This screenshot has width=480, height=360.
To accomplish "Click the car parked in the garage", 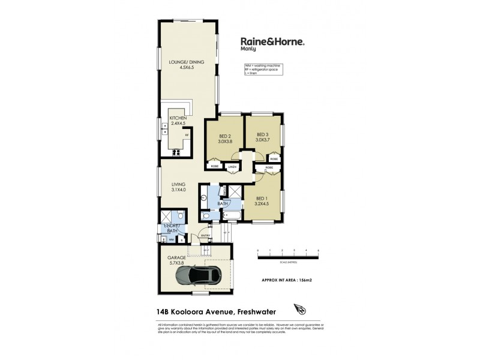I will click(197, 275).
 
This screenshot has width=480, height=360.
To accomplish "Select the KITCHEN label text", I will click(179, 118).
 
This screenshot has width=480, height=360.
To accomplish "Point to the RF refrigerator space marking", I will click(187, 136).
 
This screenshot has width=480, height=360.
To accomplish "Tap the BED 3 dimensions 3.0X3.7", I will click(263, 140).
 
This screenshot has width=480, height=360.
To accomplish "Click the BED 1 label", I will click(263, 198).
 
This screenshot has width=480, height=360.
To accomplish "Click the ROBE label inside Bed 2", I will click(214, 166).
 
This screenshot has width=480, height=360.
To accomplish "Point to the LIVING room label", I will click(178, 184).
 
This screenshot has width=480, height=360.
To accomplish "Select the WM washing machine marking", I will click(171, 240).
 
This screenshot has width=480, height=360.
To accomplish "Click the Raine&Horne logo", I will click(273, 43).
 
